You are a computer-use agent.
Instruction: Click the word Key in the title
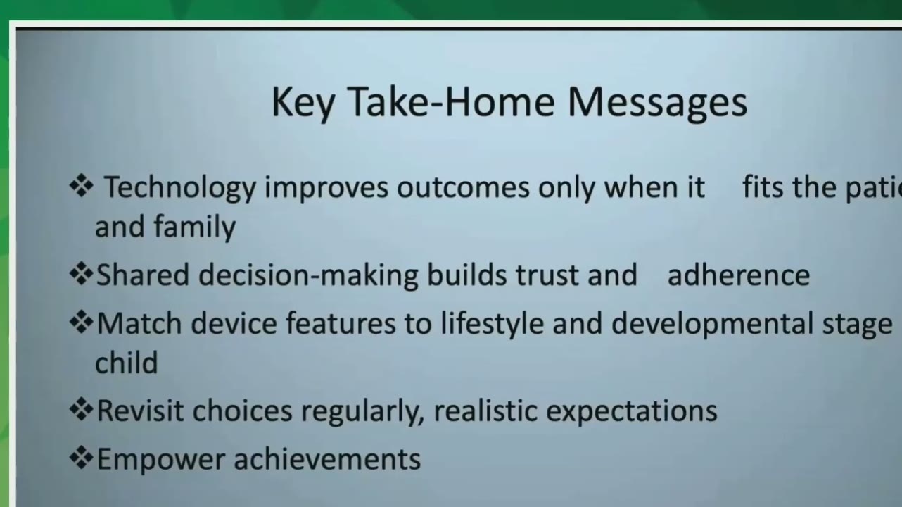pyautogui.click(x=303, y=103)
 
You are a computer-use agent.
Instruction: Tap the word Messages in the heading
pyautogui.click(x=657, y=103)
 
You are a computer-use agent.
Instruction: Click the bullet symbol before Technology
pyautogui.click(x=82, y=185)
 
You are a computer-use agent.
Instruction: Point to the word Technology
pyautogui.click(x=180, y=188)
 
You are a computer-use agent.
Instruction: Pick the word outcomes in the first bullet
pyautogui.click(x=463, y=188)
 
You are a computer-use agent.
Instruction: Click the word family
pyautogui.click(x=194, y=227)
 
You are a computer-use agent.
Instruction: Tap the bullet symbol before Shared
pyautogui.click(x=82, y=274)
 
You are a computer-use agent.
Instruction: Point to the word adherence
pyautogui.click(x=739, y=275)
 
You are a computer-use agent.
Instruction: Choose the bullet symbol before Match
pyautogui.click(x=82, y=322)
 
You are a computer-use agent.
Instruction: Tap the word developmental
pyautogui.click(x=712, y=325)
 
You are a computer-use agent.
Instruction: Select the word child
pyautogui.click(x=127, y=362)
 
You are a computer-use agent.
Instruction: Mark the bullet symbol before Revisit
pyautogui.click(x=82, y=409)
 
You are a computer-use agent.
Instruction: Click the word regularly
pyautogui.click(x=363, y=412)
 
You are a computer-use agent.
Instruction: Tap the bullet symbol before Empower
pyautogui.click(x=82, y=458)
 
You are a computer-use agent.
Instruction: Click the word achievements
pyautogui.click(x=327, y=458)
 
